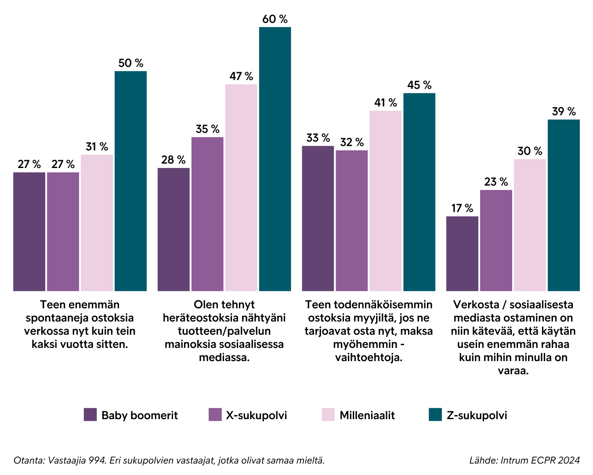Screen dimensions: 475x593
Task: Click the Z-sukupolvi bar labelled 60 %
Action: tap(275, 159)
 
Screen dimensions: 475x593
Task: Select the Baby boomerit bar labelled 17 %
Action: tap(462, 253)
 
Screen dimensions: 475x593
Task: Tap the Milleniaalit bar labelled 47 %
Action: tap(241, 187)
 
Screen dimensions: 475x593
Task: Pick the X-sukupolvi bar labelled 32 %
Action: tap(352, 220)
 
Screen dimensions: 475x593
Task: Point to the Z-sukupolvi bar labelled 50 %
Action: tap(130, 181)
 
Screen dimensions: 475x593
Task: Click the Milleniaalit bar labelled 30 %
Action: tap(530, 225)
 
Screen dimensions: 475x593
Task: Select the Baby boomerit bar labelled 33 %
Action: tap(318, 218)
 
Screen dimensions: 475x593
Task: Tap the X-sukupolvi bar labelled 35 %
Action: tap(207, 214)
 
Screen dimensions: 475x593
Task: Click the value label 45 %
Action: tap(419, 85)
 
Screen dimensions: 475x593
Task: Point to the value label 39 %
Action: tap(564, 111)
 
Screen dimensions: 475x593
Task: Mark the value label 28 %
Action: tap(173, 160)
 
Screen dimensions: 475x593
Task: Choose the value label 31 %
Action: tap(97, 146)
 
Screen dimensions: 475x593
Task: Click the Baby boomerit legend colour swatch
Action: tap(90, 415)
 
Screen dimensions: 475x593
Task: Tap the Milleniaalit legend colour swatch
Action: tap(328, 415)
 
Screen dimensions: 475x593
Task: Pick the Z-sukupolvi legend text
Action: tap(477, 415)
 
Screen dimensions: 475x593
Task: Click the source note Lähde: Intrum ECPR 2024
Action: tap(524, 460)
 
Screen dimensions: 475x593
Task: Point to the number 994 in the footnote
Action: tap(98, 460)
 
